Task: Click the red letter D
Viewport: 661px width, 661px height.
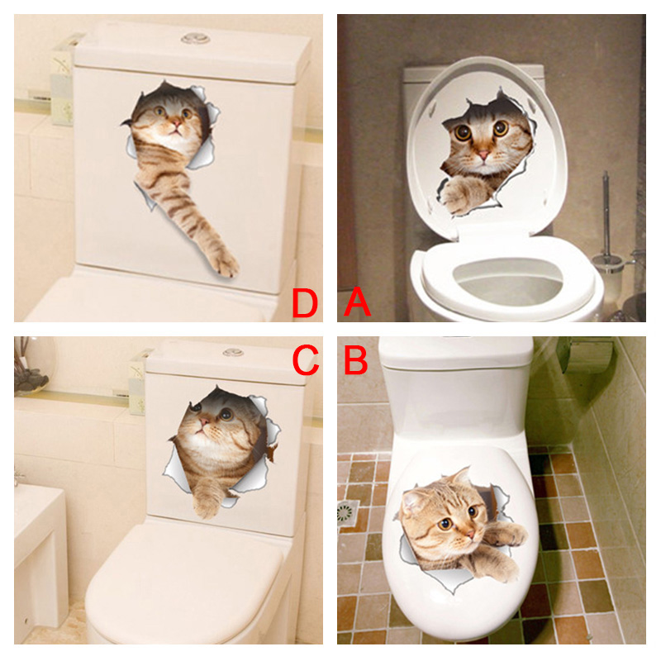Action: [x=305, y=302]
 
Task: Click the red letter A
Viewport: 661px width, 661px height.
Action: [x=357, y=302]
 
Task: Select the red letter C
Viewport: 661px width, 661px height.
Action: [x=305, y=359]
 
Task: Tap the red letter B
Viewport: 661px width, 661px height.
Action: [x=356, y=359]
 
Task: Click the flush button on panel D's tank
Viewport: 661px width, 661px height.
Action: [x=196, y=39]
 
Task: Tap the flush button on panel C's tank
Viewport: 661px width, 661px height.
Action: [x=233, y=352]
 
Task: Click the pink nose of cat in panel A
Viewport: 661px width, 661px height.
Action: [x=483, y=155]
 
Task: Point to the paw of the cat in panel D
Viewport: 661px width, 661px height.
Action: [x=223, y=263]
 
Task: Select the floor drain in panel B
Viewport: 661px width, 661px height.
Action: [x=348, y=512]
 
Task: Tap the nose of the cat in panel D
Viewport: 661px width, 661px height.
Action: [x=176, y=123]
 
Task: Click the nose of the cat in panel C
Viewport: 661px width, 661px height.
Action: [x=203, y=421]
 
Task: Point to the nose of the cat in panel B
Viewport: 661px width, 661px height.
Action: [x=471, y=534]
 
